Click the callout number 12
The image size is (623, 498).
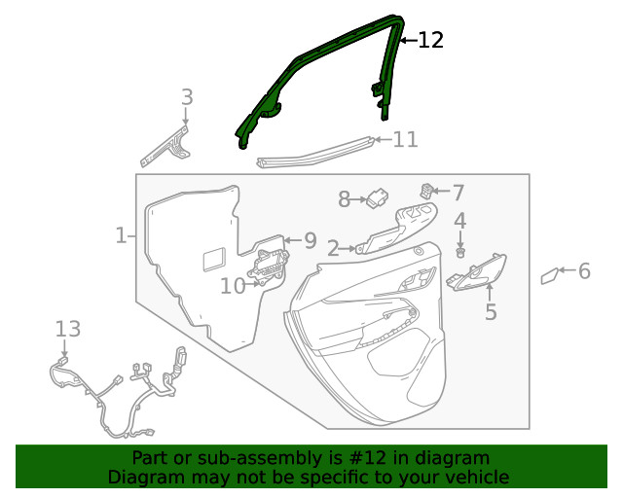(430, 40)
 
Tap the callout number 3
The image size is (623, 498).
(187, 97)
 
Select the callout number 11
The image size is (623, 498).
(405, 140)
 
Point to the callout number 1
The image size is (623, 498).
(121, 235)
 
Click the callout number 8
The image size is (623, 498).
(344, 199)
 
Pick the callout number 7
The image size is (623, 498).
(458, 193)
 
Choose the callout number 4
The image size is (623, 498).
(459, 221)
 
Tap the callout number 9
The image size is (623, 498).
(310, 240)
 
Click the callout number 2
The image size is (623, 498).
(332, 249)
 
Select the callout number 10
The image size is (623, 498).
(233, 286)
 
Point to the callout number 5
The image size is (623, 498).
(491, 312)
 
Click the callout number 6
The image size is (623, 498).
(584, 271)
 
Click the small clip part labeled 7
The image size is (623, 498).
(425, 190)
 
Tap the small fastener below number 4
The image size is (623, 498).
(460, 253)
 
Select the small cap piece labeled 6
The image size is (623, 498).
(549, 276)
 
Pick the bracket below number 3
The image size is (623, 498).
(167, 145)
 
